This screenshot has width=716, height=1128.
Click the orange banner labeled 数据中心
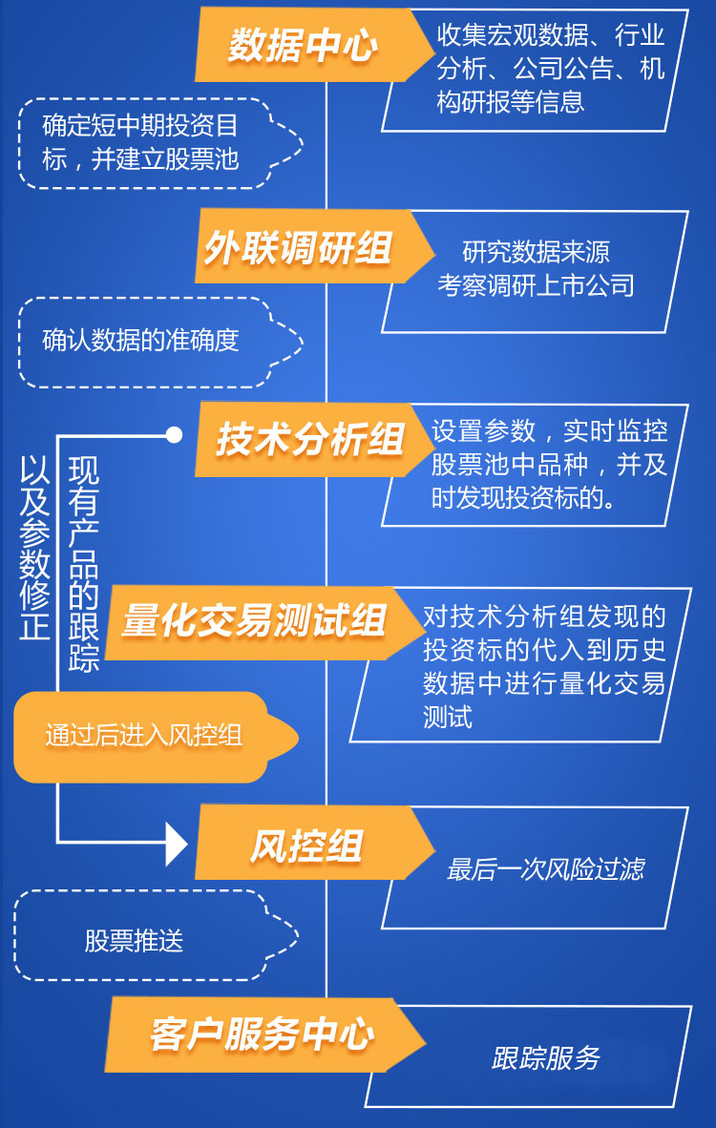click(304, 46)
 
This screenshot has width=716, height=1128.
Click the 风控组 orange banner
click(305, 845)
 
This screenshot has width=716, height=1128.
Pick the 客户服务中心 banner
click(262, 1034)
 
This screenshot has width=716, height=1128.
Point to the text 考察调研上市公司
click(536, 285)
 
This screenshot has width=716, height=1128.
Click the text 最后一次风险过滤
click(545, 868)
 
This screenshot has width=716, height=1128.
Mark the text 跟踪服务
click(545, 1058)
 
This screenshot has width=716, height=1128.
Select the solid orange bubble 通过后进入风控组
click(143, 736)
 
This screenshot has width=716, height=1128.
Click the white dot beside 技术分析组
click(174, 435)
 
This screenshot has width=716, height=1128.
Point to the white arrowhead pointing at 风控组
click(178, 843)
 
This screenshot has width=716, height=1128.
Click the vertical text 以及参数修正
click(34, 549)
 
